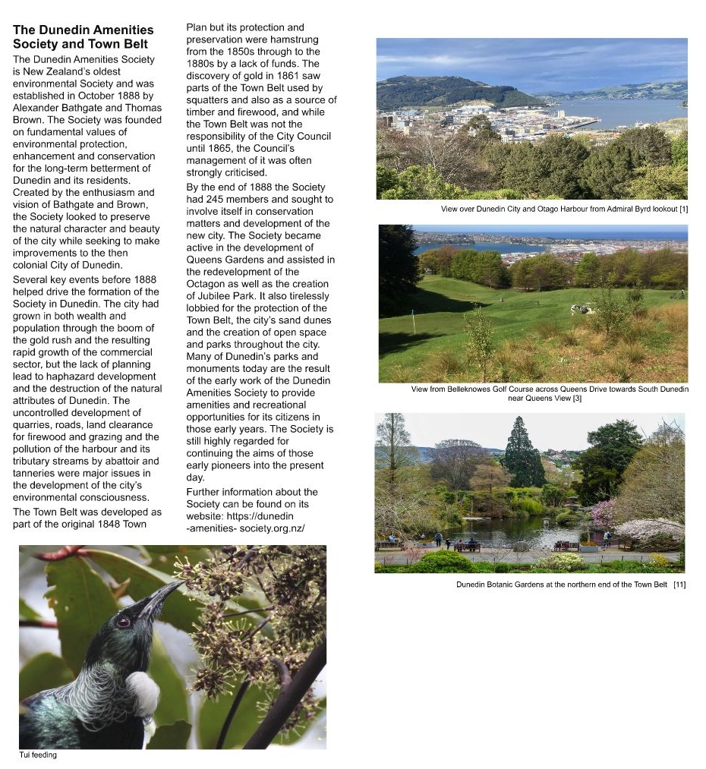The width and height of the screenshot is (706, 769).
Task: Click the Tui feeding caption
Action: point(38,755)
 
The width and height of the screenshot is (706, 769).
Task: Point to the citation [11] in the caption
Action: point(679,585)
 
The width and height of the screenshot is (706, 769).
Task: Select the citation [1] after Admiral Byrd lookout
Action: point(683,209)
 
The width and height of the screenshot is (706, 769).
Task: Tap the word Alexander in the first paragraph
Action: point(38,108)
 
